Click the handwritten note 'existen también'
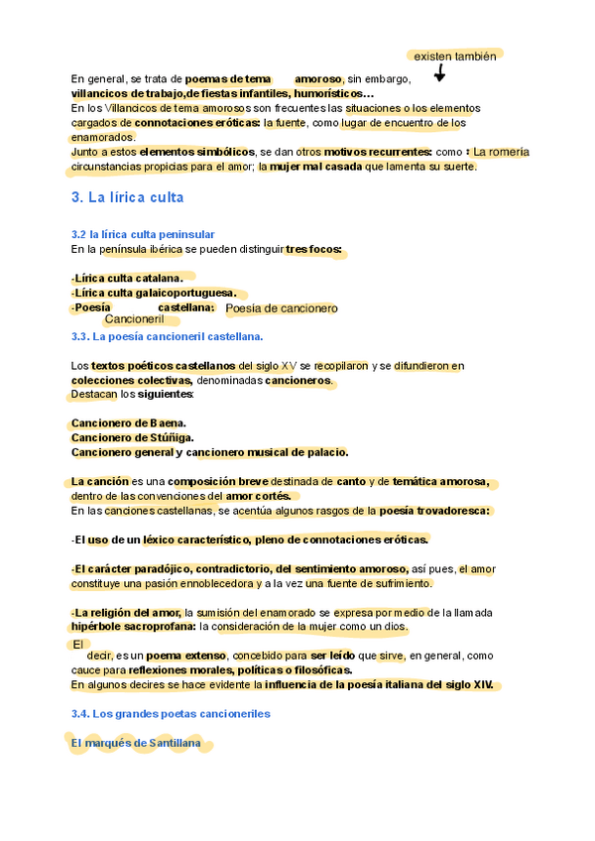tap(454, 57)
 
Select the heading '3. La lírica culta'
tap(128, 197)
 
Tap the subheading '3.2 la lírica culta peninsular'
tap(143, 234)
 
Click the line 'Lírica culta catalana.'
tap(128, 278)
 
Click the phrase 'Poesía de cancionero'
tap(282, 308)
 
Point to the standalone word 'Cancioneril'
tap(133, 319)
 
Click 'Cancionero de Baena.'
tap(129, 423)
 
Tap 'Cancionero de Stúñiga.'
tap(133, 437)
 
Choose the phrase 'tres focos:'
tap(313, 249)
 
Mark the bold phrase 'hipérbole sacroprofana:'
tap(133, 627)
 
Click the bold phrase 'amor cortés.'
tap(259, 496)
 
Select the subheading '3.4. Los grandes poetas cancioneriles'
tap(171, 713)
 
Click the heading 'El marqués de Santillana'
tap(136, 742)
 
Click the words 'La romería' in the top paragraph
tap(501, 152)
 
